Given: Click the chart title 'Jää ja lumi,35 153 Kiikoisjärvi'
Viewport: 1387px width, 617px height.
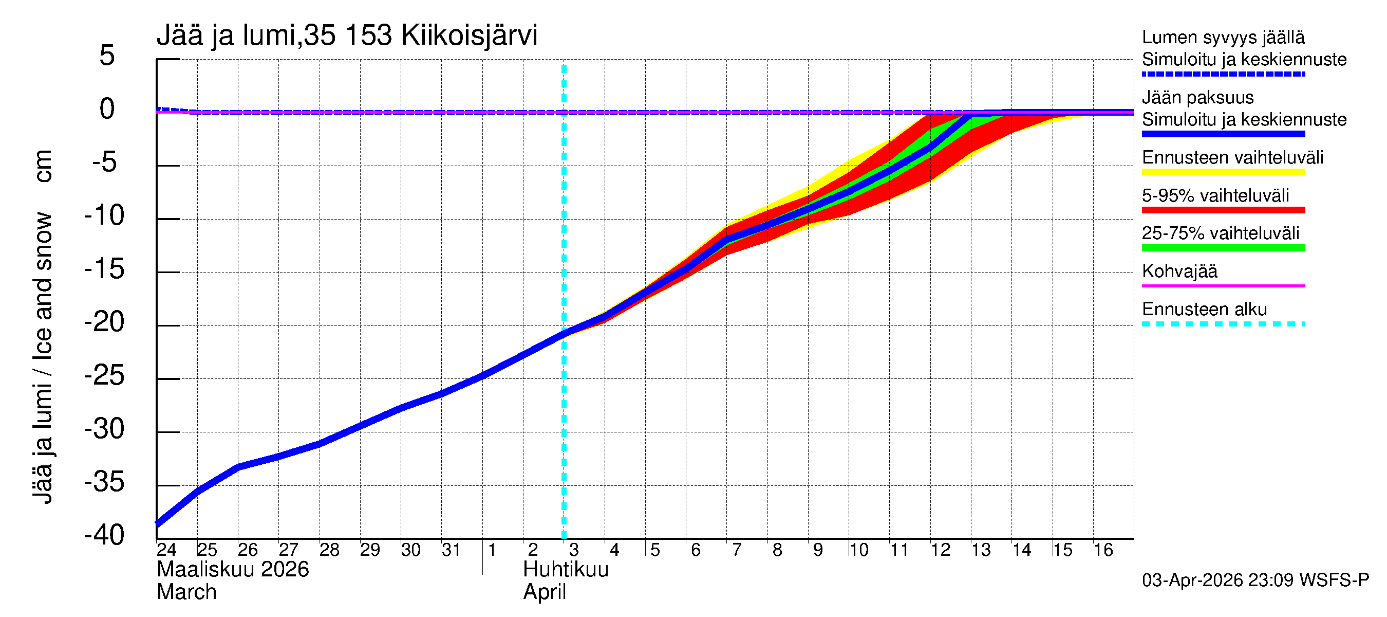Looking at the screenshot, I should coord(347,35).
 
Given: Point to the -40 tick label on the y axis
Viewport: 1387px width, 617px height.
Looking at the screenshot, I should coord(104,535).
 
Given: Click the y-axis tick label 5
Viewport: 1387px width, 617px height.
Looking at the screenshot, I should coord(107,56).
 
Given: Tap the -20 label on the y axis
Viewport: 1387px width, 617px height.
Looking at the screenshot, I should coord(104,322).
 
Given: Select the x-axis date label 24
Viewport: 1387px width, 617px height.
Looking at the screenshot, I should coord(166,550).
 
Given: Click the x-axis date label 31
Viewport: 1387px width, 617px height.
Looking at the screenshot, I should coord(451,550).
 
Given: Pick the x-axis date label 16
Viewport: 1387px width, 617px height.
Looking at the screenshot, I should coord(1103,550).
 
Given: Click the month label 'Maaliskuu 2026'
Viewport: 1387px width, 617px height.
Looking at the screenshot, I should coord(233,570).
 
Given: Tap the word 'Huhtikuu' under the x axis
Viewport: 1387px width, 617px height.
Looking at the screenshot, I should coord(566,570).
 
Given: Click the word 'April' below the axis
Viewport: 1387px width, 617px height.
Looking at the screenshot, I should coord(545,592).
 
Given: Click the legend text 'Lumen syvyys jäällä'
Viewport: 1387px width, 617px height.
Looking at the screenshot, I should coord(1223,37).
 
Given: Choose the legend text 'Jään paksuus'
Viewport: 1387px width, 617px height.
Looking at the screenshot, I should coord(1197,98).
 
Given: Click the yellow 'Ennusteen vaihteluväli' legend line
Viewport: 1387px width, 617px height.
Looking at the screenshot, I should coord(1223,172).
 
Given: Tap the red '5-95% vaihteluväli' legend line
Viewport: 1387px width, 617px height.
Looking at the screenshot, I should coord(1223,210).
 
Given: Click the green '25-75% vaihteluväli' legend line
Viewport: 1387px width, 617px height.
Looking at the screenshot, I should coord(1223,248).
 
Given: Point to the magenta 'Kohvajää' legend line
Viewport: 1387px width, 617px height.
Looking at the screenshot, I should coord(1223,285).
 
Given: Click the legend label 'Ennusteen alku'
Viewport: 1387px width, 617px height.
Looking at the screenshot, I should coord(1205,310).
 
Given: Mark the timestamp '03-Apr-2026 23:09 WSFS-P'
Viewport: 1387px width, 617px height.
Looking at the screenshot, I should coord(1255,580).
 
